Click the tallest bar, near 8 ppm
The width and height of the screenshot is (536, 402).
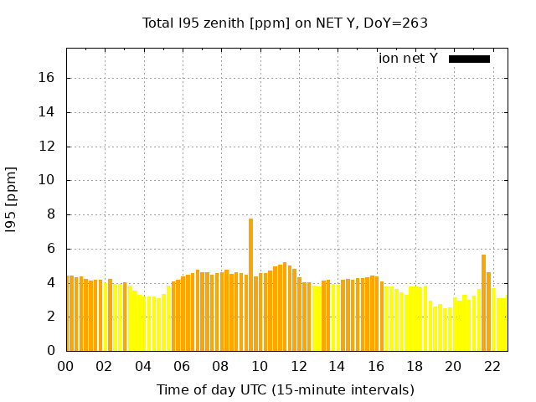[250, 285]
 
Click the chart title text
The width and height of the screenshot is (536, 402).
[286, 23]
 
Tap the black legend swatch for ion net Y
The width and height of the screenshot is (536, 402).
[469, 59]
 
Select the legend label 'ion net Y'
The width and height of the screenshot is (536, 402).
[408, 59]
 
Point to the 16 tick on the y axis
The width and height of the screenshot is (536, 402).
[47, 78]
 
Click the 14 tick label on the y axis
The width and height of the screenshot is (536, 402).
[47, 112]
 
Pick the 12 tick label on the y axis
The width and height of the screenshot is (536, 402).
[47, 147]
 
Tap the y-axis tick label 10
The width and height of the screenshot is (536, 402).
[47, 180]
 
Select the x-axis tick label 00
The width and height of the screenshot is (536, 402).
[66, 367]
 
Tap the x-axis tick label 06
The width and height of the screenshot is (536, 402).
[182, 367]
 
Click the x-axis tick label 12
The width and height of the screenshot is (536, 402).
[298, 367]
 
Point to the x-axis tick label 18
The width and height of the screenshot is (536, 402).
[415, 367]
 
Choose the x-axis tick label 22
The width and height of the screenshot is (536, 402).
[492, 367]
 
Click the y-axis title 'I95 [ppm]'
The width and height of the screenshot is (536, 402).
[12, 199]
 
